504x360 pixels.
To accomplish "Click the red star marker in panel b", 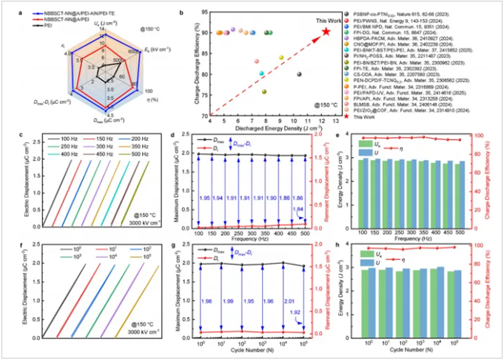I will pyautogui.click(x=326, y=31).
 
